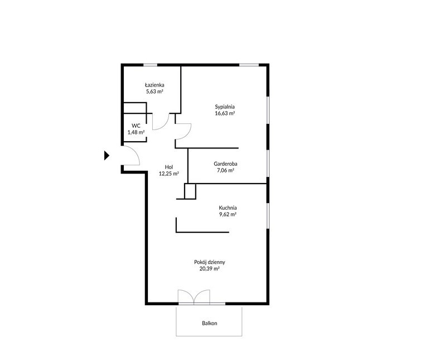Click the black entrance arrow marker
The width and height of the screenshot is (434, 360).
click(x=107, y=155)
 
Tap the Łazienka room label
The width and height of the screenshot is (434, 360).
click(x=155, y=85)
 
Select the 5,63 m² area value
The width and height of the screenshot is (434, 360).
click(x=155, y=92)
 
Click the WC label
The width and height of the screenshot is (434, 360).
click(x=136, y=126)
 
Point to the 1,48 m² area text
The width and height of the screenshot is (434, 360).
click(x=136, y=132)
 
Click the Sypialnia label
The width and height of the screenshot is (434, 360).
click(x=225, y=107)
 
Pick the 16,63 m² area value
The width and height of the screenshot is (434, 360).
click(x=225, y=113)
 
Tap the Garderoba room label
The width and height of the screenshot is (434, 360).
click(x=225, y=164)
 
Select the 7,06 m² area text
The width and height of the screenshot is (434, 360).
click(x=225, y=170)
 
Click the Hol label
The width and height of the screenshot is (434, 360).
click(x=169, y=167)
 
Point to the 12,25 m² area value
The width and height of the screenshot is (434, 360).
click(x=169, y=174)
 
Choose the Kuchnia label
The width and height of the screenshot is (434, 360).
click(x=228, y=208)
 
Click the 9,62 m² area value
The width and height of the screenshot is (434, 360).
click(x=228, y=214)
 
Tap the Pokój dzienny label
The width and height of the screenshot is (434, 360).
click(x=210, y=262)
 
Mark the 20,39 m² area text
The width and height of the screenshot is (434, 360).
click(x=210, y=268)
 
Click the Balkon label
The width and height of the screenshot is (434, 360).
click(x=210, y=323)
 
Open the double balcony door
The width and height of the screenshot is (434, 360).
click(x=194, y=297)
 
